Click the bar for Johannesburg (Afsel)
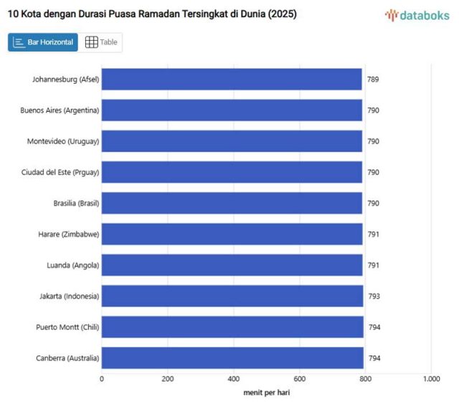pos(231,80)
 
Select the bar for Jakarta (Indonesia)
pos(232,296)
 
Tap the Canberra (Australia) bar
pos(232,358)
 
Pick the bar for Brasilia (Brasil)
pos(232,204)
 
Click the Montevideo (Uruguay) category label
pos(63,141)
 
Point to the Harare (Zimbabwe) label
pos(68,234)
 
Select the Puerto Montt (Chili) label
pos(67,327)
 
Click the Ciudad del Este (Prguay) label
pos(60,172)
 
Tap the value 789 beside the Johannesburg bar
pos(373,80)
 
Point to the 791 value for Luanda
pos(374,265)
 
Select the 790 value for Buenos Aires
pos(374,110)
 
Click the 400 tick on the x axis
pos(233,379)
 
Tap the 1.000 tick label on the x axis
pos(431,379)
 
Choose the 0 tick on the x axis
pos(102,379)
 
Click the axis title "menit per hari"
pos(266,393)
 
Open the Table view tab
pos(101,42)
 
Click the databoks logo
pos(417,14)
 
